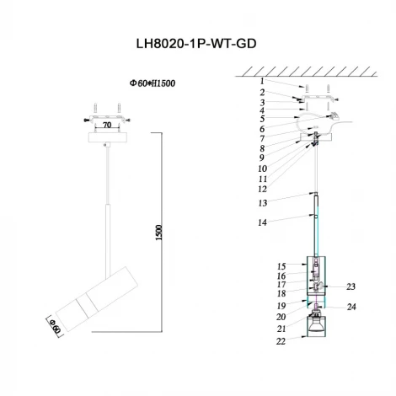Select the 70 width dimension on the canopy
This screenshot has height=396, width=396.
click(108, 125)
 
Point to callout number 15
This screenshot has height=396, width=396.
click(281, 266)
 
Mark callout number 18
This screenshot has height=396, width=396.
click(281, 293)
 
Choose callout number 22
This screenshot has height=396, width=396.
click(281, 340)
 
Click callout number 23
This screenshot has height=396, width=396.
click(351, 286)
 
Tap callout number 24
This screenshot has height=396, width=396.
click(351, 307)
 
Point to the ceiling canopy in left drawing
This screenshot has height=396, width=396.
click(106, 135)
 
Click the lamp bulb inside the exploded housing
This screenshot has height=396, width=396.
click(316, 326)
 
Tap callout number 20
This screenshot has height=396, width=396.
click(281, 317)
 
